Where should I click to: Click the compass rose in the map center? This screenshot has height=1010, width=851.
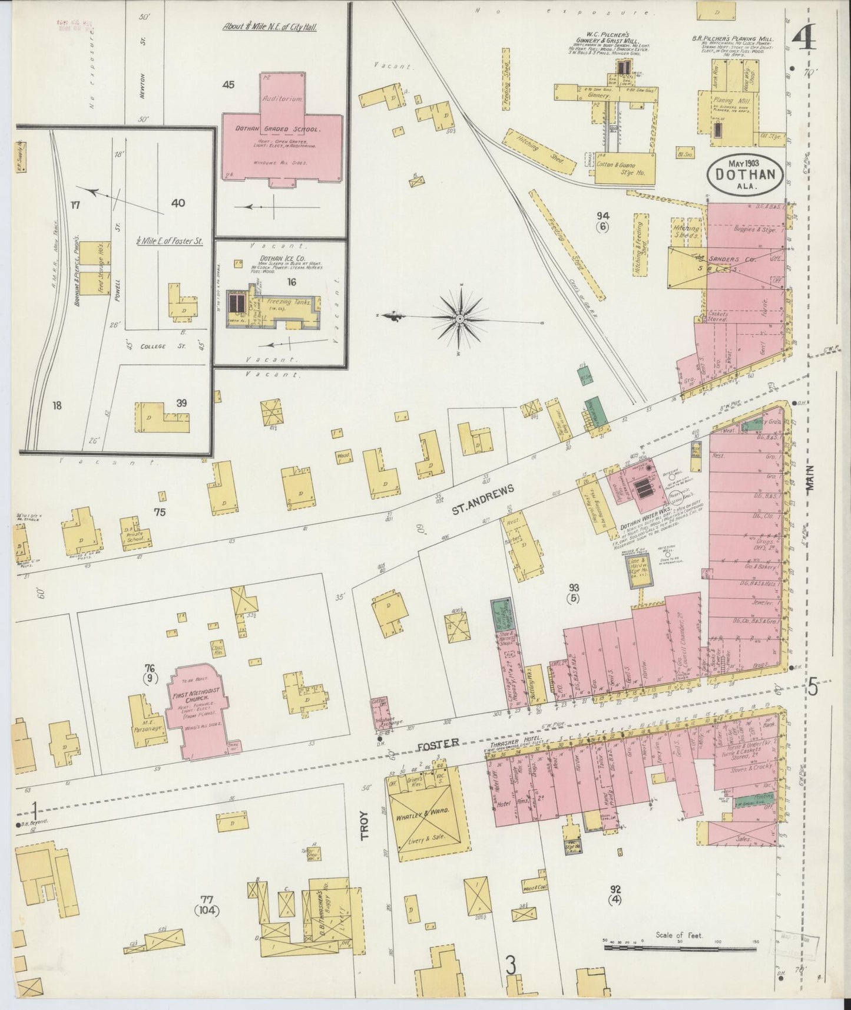pos(459,319)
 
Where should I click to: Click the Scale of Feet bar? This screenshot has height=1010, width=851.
pos(680,948)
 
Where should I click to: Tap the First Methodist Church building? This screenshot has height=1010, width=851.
pos(194,708)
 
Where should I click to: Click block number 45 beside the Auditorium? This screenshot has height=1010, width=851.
pos(229,85)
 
